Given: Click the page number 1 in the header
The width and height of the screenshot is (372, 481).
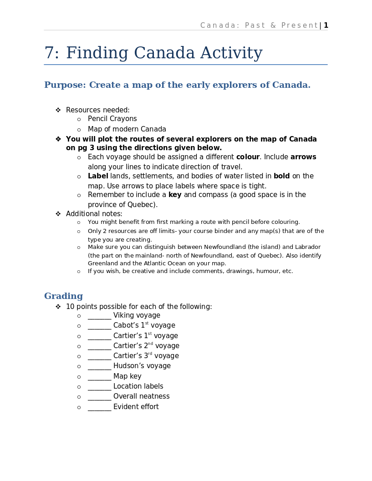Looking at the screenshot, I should pos(326,25).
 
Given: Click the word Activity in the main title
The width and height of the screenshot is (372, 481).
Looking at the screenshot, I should pos(231,53).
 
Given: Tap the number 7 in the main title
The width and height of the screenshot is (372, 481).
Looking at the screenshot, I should pos(49,53).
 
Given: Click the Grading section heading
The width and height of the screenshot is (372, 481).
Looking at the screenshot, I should pos(63,296).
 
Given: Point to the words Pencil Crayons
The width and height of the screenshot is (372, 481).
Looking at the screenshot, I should pos(112,119).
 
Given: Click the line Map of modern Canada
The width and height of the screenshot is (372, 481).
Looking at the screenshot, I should pos(127,129).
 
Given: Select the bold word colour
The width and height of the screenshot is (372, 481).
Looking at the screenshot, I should pos(248,157).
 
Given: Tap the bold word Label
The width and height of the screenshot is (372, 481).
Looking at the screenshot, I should pos(98,176).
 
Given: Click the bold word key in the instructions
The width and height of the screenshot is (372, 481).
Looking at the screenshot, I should pos(175,195).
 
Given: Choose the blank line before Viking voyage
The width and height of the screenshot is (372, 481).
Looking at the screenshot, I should pos(99,316).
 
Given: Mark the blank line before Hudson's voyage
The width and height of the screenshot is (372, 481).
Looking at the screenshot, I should pos(99,366).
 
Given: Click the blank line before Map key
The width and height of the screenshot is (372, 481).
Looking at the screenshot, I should pos(99,377).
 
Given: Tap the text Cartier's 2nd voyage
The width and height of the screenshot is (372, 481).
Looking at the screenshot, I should pos(146,346).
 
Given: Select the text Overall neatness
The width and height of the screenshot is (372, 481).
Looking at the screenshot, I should pos(141,396).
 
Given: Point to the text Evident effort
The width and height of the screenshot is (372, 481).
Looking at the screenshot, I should pos(136,407).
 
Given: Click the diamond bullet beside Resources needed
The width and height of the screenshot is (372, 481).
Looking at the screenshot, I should pos(58,110).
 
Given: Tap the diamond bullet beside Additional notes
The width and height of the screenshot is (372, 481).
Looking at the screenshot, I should pos(58,214).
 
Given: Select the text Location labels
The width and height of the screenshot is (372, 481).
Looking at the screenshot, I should pos(138,386).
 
